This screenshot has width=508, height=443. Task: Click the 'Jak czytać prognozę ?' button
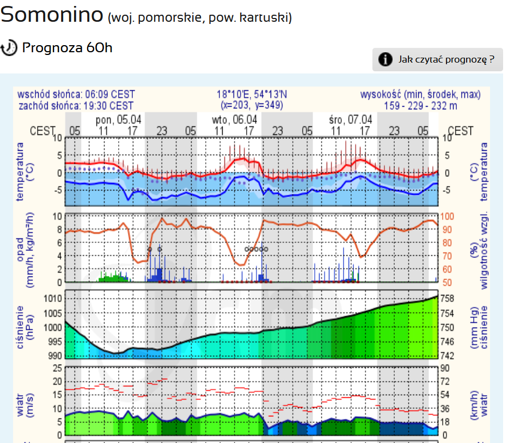click(x=437, y=59)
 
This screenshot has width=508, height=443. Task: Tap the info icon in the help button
click(x=385, y=59)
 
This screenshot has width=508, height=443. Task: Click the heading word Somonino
click(x=52, y=15)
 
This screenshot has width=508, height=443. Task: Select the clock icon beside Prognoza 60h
click(x=9, y=48)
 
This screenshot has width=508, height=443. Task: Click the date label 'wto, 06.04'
click(x=234, y=119)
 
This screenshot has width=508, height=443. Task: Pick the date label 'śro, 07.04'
click(x=351, y=119)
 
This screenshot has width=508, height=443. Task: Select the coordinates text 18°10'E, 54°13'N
click(x=252, y=95)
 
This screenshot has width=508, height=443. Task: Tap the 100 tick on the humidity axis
click(x=448, y=217)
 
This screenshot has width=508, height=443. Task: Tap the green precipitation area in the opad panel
click(x=113, y=278)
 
